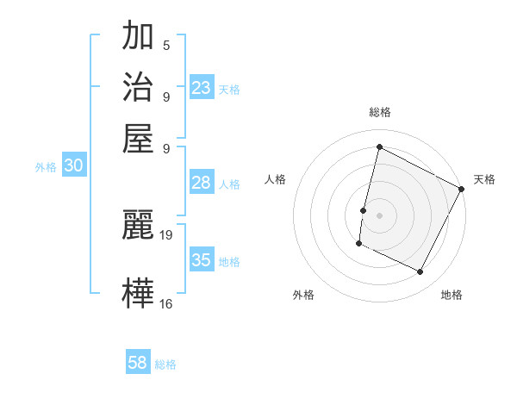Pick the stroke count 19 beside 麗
(x=167, y=234)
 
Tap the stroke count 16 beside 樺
(x=166, y=303)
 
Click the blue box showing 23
(x=202, y=87)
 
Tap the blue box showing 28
(x=202, y=183)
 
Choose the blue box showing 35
(x=202, y=260)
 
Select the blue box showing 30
(x=73, y=166)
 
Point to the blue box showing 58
(x=138, y=363)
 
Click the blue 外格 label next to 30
(x=46, y=168)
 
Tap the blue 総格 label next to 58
(x=165, y=364)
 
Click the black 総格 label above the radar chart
(x=379, y=112)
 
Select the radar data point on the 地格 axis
(x=420, y=272)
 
